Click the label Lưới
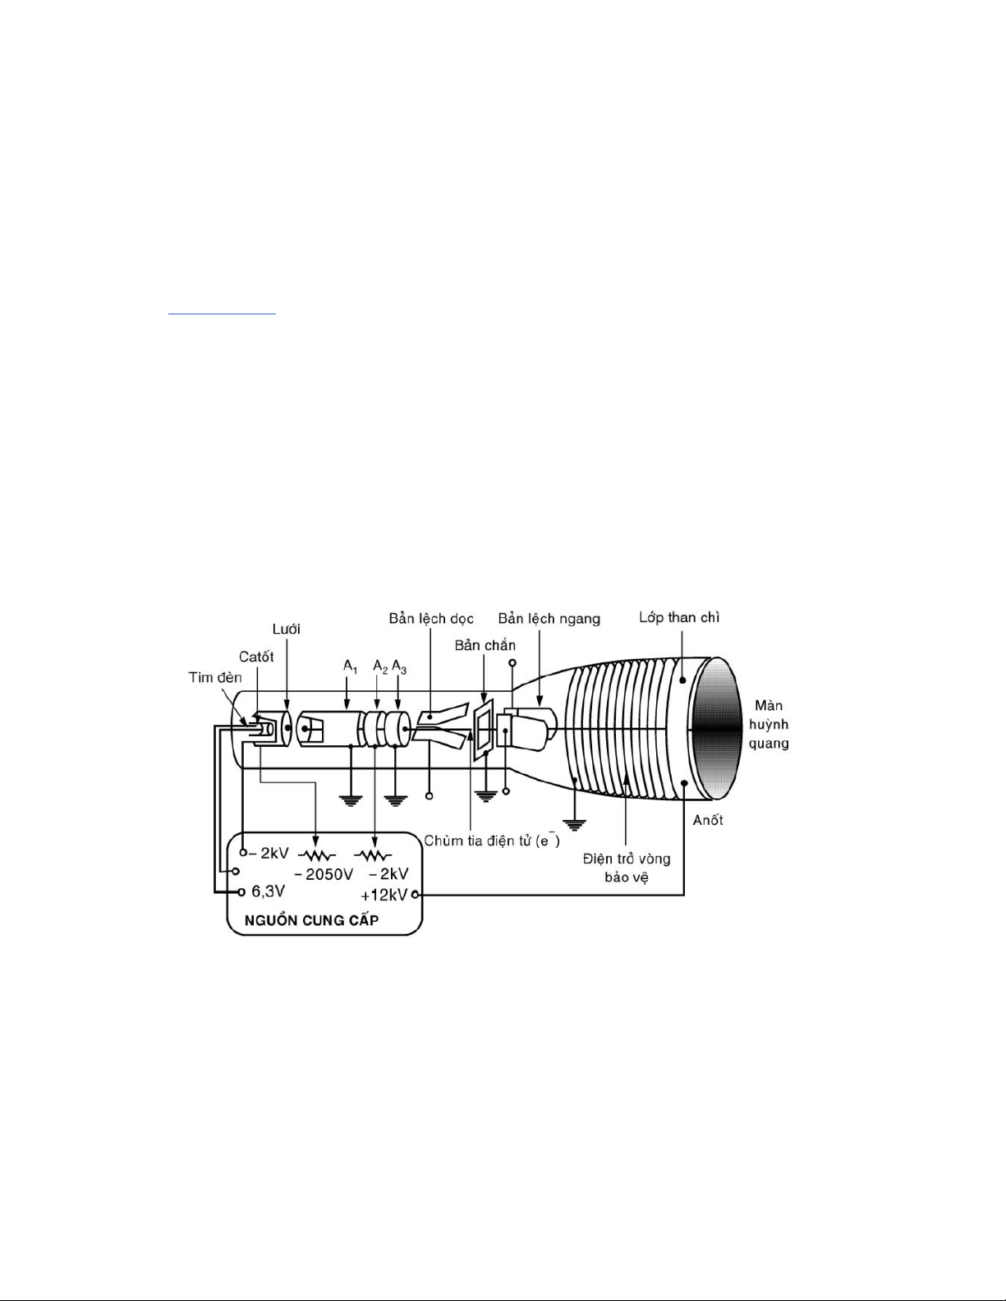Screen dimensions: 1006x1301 tap(287, 629)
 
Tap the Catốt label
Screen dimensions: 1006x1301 tap(256, 657)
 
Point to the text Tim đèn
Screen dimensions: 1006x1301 tap(215, 677)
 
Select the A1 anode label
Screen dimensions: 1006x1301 tap(351, 667)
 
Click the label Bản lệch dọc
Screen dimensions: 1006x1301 tap(431, 618)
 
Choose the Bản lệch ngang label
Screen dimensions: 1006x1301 tap(549, 619)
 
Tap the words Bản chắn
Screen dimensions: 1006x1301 tap(485, 645)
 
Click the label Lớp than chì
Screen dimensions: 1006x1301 tap(679, 617)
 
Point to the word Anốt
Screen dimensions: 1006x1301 tap(708, 820)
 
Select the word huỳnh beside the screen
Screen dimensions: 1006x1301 tap(769, 725)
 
